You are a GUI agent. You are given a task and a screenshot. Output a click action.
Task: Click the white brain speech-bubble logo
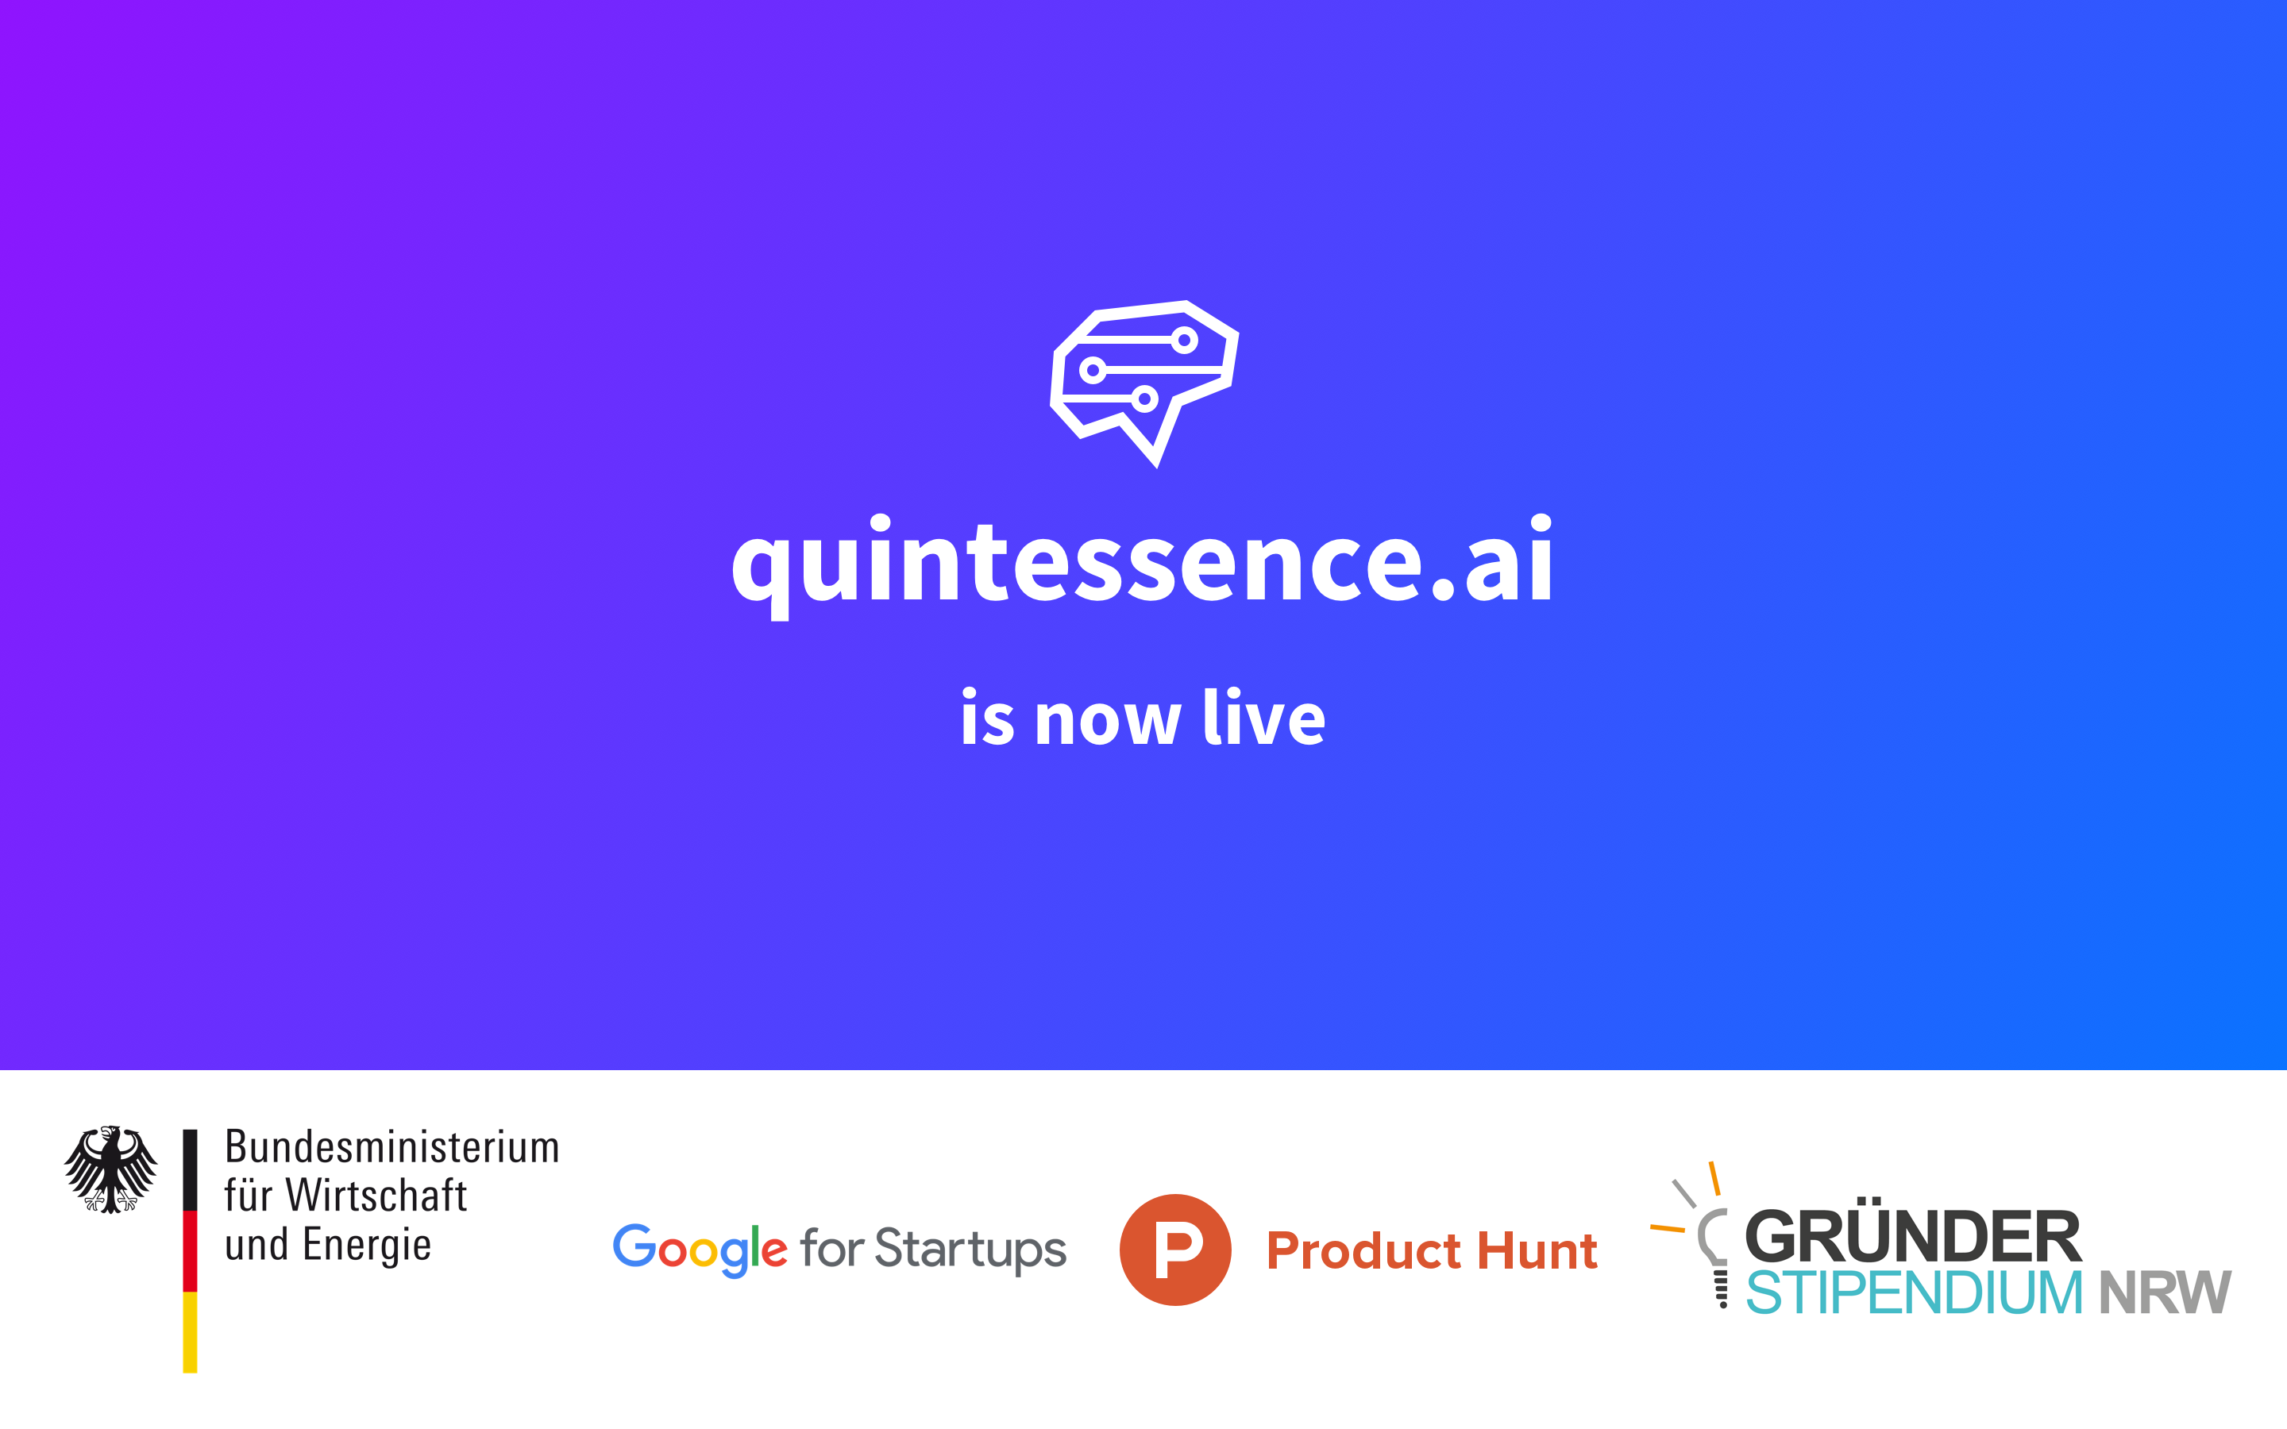1144,383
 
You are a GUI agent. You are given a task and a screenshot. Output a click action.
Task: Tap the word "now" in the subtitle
1108,720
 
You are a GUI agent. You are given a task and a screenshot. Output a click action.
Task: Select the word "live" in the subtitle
1264,716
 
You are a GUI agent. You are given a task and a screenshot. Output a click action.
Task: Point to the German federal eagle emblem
110,1169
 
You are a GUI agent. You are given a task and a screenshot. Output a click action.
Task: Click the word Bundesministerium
392,1147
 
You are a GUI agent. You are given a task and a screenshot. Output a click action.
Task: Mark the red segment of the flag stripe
190,1250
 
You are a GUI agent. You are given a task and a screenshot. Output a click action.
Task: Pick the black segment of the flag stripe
190,1170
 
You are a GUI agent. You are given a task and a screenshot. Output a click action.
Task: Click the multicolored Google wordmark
700,1250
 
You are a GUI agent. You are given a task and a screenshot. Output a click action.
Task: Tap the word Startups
970,1250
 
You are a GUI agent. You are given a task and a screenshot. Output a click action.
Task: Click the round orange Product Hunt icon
1175,1250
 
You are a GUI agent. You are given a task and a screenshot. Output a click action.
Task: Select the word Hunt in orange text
1537,1251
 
